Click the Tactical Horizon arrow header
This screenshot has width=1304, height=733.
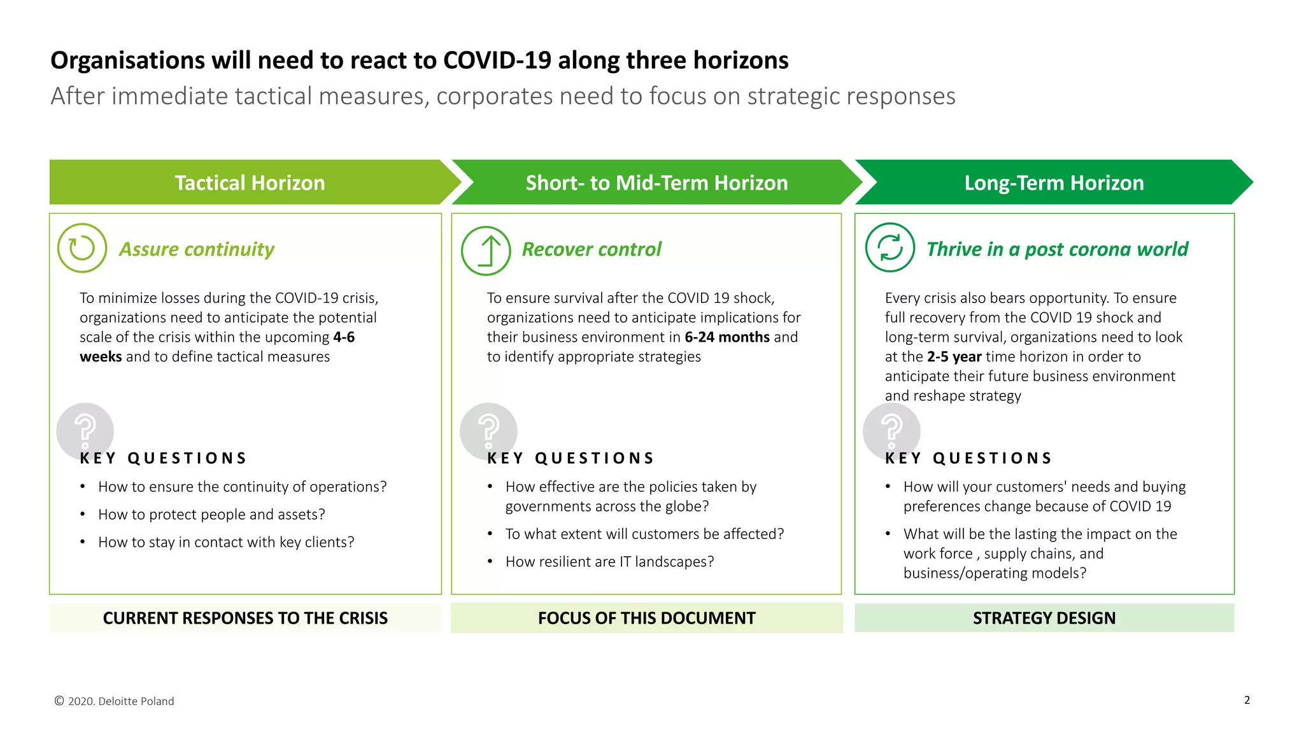pos(250,183)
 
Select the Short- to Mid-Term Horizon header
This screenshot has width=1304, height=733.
pos(656,183)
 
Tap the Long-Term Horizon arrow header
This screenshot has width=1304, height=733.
pos(1054,183)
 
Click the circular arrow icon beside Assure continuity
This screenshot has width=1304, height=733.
pos(82,248)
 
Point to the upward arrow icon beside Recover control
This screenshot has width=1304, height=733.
pos(486,251)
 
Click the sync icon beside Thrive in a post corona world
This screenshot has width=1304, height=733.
pos(890,248)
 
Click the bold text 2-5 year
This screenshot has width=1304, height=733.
pos(954,357)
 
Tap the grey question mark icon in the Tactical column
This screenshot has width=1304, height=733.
pos(85,431)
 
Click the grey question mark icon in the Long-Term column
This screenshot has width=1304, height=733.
pos(891,431)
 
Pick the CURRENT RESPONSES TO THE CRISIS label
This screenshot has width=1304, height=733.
pos(245,618)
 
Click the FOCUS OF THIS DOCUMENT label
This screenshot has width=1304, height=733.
pos(646,618)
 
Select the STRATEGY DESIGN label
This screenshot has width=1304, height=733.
pos(1044,618)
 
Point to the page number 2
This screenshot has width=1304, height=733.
pos(1247,700)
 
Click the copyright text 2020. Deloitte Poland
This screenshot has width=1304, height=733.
pos(115,701)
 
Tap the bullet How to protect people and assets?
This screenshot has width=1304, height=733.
pos(211,514)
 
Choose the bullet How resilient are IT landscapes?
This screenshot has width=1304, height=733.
pos(609,562)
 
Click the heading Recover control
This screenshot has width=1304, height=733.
pos(592,249)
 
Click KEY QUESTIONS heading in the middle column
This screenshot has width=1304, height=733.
pos(570,458)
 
